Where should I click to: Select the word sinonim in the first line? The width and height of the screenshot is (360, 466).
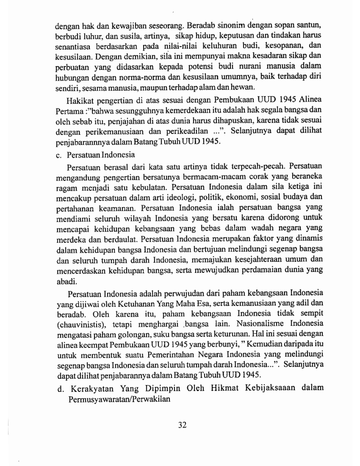click(x=230, y=24)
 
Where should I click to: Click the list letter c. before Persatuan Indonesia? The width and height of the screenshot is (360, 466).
click(x=59, y=155)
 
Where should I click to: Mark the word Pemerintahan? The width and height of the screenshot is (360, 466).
click(x=170, y=354)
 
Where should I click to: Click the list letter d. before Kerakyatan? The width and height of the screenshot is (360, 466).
click(x=61, y=389)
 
